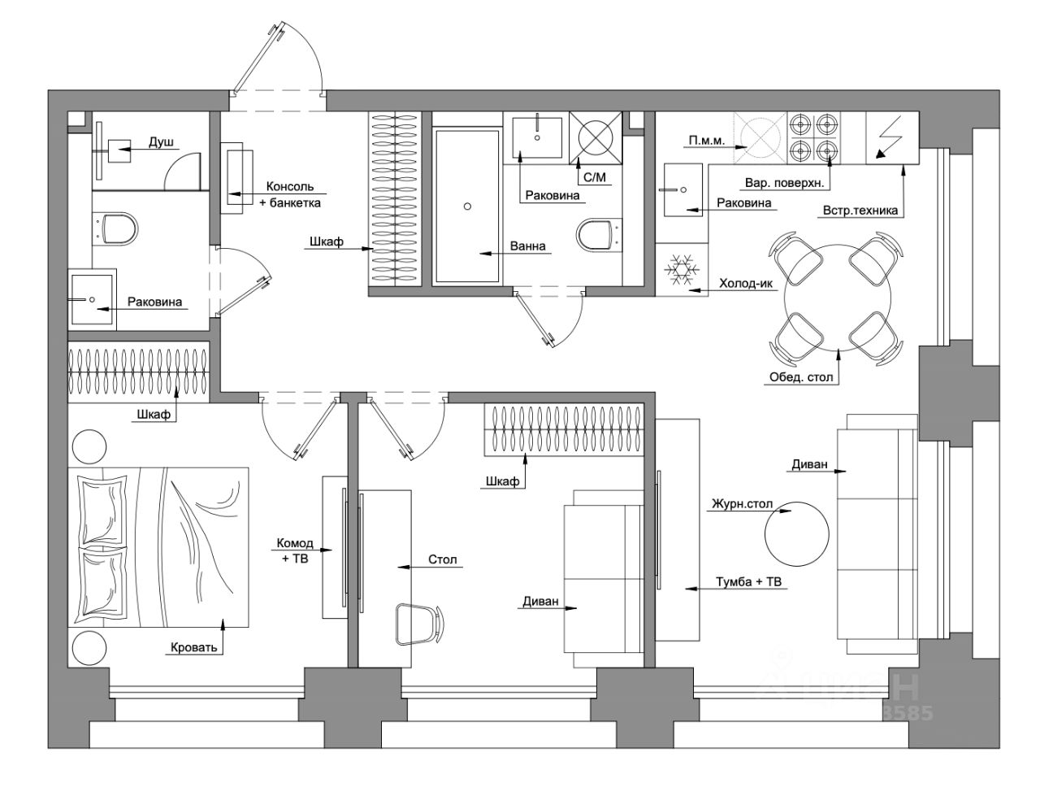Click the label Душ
coord(161,141)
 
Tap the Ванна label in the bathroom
coord(527,246)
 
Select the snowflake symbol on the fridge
coord(682,270)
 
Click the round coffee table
coord(796,533)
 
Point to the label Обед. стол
coord(801,377)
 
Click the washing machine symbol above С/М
coord(595,138)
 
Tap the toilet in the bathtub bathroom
coord(600,233)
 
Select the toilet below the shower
coord(115,228)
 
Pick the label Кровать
coord(194,647)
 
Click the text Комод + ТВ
coord(295,550)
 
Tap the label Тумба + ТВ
coord(748,581)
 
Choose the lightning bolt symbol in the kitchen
coord(885,137)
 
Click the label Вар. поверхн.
coord(785,182)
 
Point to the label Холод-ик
coord(746,284)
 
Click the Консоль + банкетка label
coord(290,194)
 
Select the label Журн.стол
coord(742,503)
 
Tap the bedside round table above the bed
coord(89,447)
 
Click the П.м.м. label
coord(707,140)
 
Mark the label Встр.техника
coord(860,211)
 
